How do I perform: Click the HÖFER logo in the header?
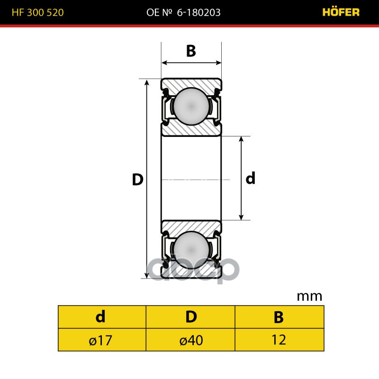coord(341,12)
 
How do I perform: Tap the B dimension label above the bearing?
coord(191,51)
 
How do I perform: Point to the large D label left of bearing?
coord(137,180)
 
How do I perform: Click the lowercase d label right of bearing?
coord(251,179)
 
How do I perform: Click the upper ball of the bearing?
coord(191,107)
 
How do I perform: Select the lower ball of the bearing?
coord(191,250)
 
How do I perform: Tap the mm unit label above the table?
coord(309,297)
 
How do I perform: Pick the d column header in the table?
coord(100,317)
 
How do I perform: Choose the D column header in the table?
coord(191,317)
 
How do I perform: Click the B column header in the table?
coord(279,317)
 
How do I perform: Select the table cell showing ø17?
coord(100,340)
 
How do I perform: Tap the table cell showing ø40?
coord(191,340)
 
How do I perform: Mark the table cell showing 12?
coord(279,340)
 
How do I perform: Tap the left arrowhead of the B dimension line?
coord(164,62)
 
